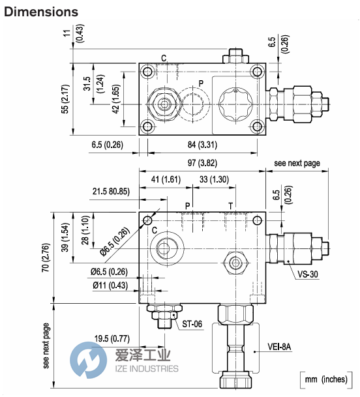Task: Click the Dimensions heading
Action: click(x=40, y=12)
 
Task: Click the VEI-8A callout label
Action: click(x=279, y=347)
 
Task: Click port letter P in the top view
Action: click(x=201, y=83)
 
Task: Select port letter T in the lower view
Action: click(x=230, y=206)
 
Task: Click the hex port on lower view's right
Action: click(x=235, y=263)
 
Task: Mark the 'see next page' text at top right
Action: click(x=297, y=163)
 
